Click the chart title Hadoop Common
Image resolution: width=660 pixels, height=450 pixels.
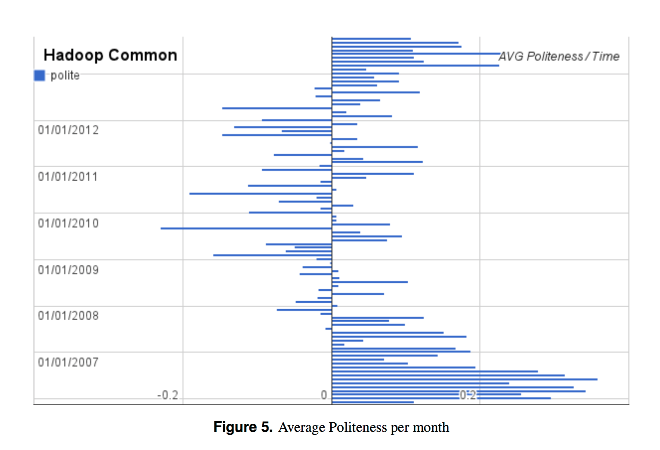(110, 55)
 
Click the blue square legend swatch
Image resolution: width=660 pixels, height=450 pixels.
(40, 76)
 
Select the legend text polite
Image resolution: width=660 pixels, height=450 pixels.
(65, 76)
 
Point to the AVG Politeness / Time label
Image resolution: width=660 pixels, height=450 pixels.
(559, 56)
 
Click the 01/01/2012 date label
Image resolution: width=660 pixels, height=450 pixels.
(68, 130)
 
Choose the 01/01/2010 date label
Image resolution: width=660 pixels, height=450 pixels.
(68, 223)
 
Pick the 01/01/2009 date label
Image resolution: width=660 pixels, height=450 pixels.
(68, 270)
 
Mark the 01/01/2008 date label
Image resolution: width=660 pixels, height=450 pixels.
(68, 316)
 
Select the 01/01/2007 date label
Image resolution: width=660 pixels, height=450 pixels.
(68, 362)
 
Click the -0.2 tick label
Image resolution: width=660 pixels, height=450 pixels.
(168, 395)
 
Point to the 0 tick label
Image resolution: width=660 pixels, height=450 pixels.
(324, 395)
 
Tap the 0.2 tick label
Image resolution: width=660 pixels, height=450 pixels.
(468, 395)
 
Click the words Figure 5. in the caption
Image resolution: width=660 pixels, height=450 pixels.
(243, 427)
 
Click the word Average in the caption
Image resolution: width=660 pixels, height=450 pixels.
(302, 427)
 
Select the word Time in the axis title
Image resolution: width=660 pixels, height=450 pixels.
(606, 56)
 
